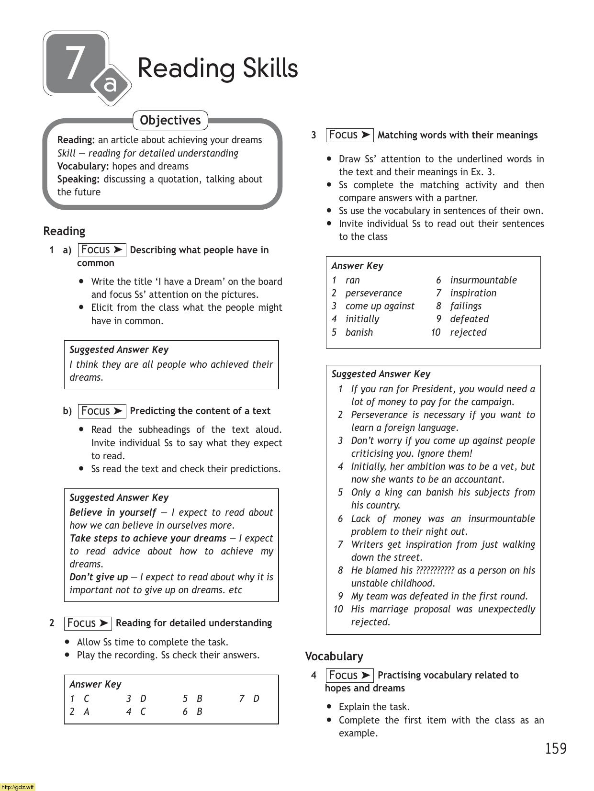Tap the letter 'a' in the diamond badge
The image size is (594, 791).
[111, 85]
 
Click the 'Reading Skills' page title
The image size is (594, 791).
[218, 68]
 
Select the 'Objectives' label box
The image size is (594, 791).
[170, 120]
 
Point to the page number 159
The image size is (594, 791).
[555, 748]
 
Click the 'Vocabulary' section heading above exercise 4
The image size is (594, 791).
[334, 656]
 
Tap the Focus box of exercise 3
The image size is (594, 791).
[349, 135]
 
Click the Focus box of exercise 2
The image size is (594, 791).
[88, 623]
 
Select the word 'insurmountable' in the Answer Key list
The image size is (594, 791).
[483, 280]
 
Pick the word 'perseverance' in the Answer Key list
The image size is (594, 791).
[373, 293]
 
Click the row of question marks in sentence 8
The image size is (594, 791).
[435, 570]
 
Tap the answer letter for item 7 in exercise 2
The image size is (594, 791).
[256, 699]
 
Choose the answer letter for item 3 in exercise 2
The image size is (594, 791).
[143, 699]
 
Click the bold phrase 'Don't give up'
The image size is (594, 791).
[99, 577]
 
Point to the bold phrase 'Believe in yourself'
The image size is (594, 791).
[112, 512]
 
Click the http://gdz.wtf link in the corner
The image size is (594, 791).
[18, 787]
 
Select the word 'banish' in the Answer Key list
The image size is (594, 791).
[359, 332]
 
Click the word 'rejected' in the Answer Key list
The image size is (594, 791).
[468, 332]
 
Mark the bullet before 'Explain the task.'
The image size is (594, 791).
[329, 706]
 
